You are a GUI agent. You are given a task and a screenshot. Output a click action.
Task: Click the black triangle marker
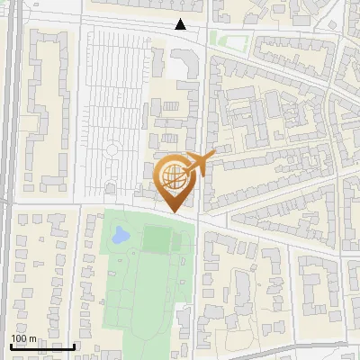point(181,24)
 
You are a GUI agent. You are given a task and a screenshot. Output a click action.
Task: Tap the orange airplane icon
point(197,164)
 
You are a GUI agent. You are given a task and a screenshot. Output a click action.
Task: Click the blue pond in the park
point(120,236)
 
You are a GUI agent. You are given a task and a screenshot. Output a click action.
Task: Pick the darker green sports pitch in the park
point(157,239)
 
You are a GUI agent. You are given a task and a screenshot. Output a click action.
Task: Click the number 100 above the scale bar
point(18,338)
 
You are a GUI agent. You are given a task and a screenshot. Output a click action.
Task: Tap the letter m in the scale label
point(33,339)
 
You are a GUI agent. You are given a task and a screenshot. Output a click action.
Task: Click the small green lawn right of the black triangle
point(229,39)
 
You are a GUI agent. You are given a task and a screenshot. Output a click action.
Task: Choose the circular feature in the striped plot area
point(112,149)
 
